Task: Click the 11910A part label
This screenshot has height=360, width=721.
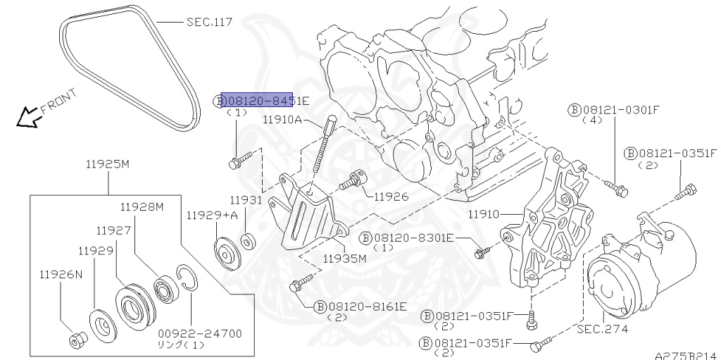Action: (x=282, y=120)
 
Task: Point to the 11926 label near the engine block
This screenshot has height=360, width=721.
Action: (x=391, y=196)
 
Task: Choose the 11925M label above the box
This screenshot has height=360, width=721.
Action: (x=108, y=164)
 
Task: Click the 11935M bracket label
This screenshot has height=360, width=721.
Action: (x=345, y=258)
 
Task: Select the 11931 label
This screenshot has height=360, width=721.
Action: (x=246, y=200)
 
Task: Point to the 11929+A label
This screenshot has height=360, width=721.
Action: (x=212, y=215)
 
